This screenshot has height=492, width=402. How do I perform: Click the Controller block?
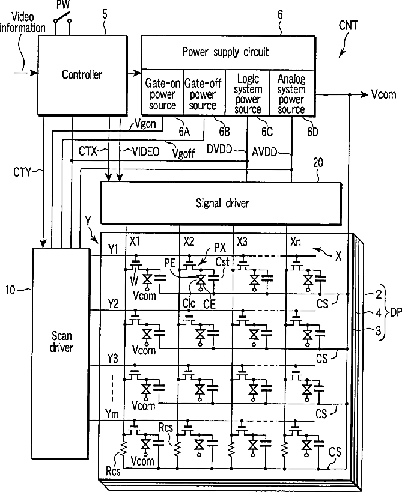[x=82, y=74]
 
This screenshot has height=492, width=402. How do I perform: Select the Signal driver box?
[x=221, y=203]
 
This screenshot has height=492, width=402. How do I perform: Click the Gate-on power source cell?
[x=163, y=93]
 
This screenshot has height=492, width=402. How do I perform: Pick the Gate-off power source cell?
[x=204, y=93]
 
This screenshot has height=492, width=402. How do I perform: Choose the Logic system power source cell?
[x=248, y=93]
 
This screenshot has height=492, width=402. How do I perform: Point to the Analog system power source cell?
[x=292, y=93]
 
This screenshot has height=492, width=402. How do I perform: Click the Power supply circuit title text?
[x=225, y=52]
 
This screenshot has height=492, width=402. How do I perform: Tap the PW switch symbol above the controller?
[x=62, y=18]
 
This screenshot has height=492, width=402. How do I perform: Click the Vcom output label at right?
[x=383, y=94]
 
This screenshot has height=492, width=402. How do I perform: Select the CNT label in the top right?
[x=348, y=26]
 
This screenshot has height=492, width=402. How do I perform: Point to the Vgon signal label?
[x=145, y=124]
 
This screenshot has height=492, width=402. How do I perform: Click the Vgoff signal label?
[x=184, y=153]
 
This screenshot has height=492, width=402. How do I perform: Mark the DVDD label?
[x=219, y=150]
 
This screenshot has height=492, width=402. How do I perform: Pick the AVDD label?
[x=264, y=153]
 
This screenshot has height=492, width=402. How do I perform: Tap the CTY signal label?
[x=23, y=172]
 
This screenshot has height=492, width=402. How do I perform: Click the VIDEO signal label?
[x=145, y=152]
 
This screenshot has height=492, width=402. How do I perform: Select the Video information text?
[x=23, y=22]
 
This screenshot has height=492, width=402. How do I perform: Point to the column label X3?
[x=242, y=242]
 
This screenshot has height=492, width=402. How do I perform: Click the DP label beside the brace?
[x=396, y=312]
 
